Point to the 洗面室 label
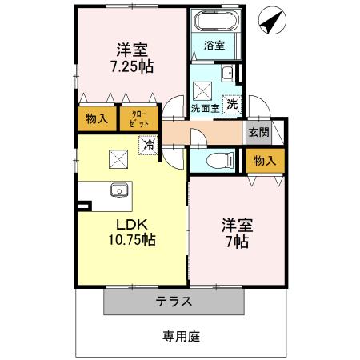204,106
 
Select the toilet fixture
216,160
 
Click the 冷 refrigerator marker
148,145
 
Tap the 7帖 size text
238,241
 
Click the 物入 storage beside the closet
97,119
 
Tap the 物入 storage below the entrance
264,161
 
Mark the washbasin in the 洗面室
226,74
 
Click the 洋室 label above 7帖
238,225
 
